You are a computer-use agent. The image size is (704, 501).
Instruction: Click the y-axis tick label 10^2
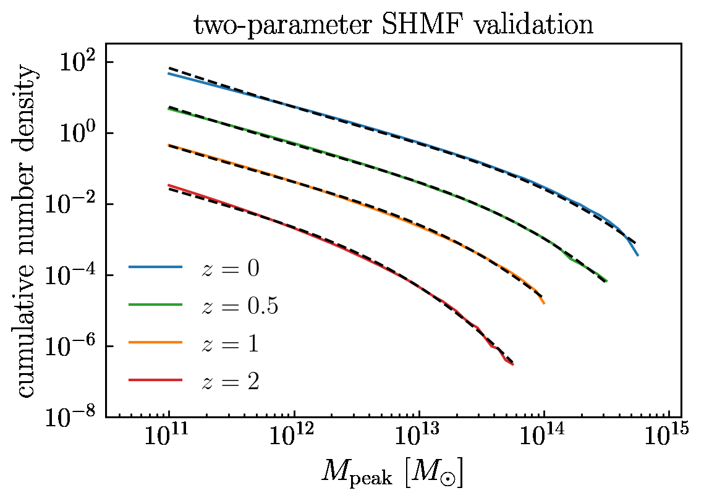[x=78, y=62]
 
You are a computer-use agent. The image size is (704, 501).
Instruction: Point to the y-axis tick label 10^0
[x=78, y=133]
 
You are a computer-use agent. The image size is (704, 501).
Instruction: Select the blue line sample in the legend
[x=155, y=267]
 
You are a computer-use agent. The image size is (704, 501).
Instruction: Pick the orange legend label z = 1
[x=229, y=343]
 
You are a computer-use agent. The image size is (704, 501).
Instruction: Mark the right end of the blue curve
[x=637, y=255]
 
